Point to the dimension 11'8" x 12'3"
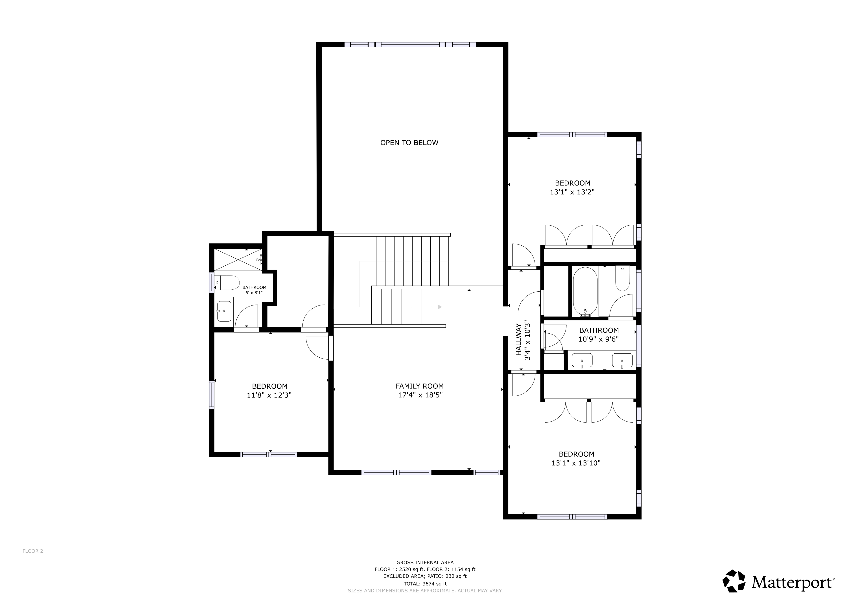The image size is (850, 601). (269, 395)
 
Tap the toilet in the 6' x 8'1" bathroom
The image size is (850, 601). (227, 283)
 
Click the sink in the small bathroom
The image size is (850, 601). (224, 311)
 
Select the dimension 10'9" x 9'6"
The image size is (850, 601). (599, 339)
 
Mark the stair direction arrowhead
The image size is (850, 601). (440, 307)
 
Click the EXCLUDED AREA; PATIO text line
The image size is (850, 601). (425, 576)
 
